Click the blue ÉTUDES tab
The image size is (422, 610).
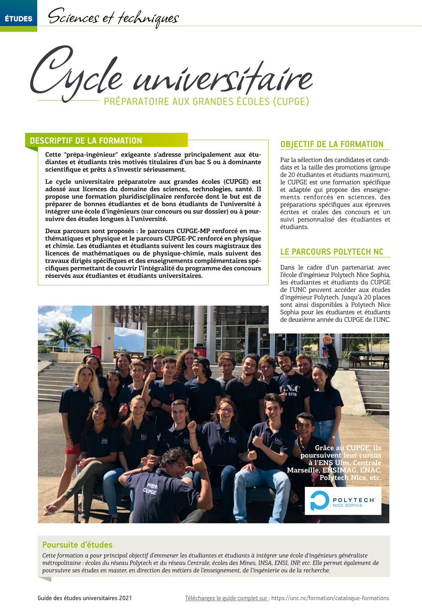click(18, 19)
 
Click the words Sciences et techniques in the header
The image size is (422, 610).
click(113, 18)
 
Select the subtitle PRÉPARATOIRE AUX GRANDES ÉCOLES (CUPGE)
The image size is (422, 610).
click(206, 101)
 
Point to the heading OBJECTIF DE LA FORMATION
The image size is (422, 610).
click(332, 144)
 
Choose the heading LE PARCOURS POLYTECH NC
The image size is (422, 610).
click(332, 252)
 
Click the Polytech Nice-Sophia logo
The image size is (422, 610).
click(343, 501)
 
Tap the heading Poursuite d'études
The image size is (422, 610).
click(77, 545)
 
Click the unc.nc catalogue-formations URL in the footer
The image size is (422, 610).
click(330, 598)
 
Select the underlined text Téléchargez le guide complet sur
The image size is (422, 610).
click(227, 598)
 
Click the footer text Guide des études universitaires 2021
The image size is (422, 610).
click(85, 598)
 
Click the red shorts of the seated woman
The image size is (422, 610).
click(73, 449)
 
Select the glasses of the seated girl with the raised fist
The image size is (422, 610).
click(226, 411)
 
